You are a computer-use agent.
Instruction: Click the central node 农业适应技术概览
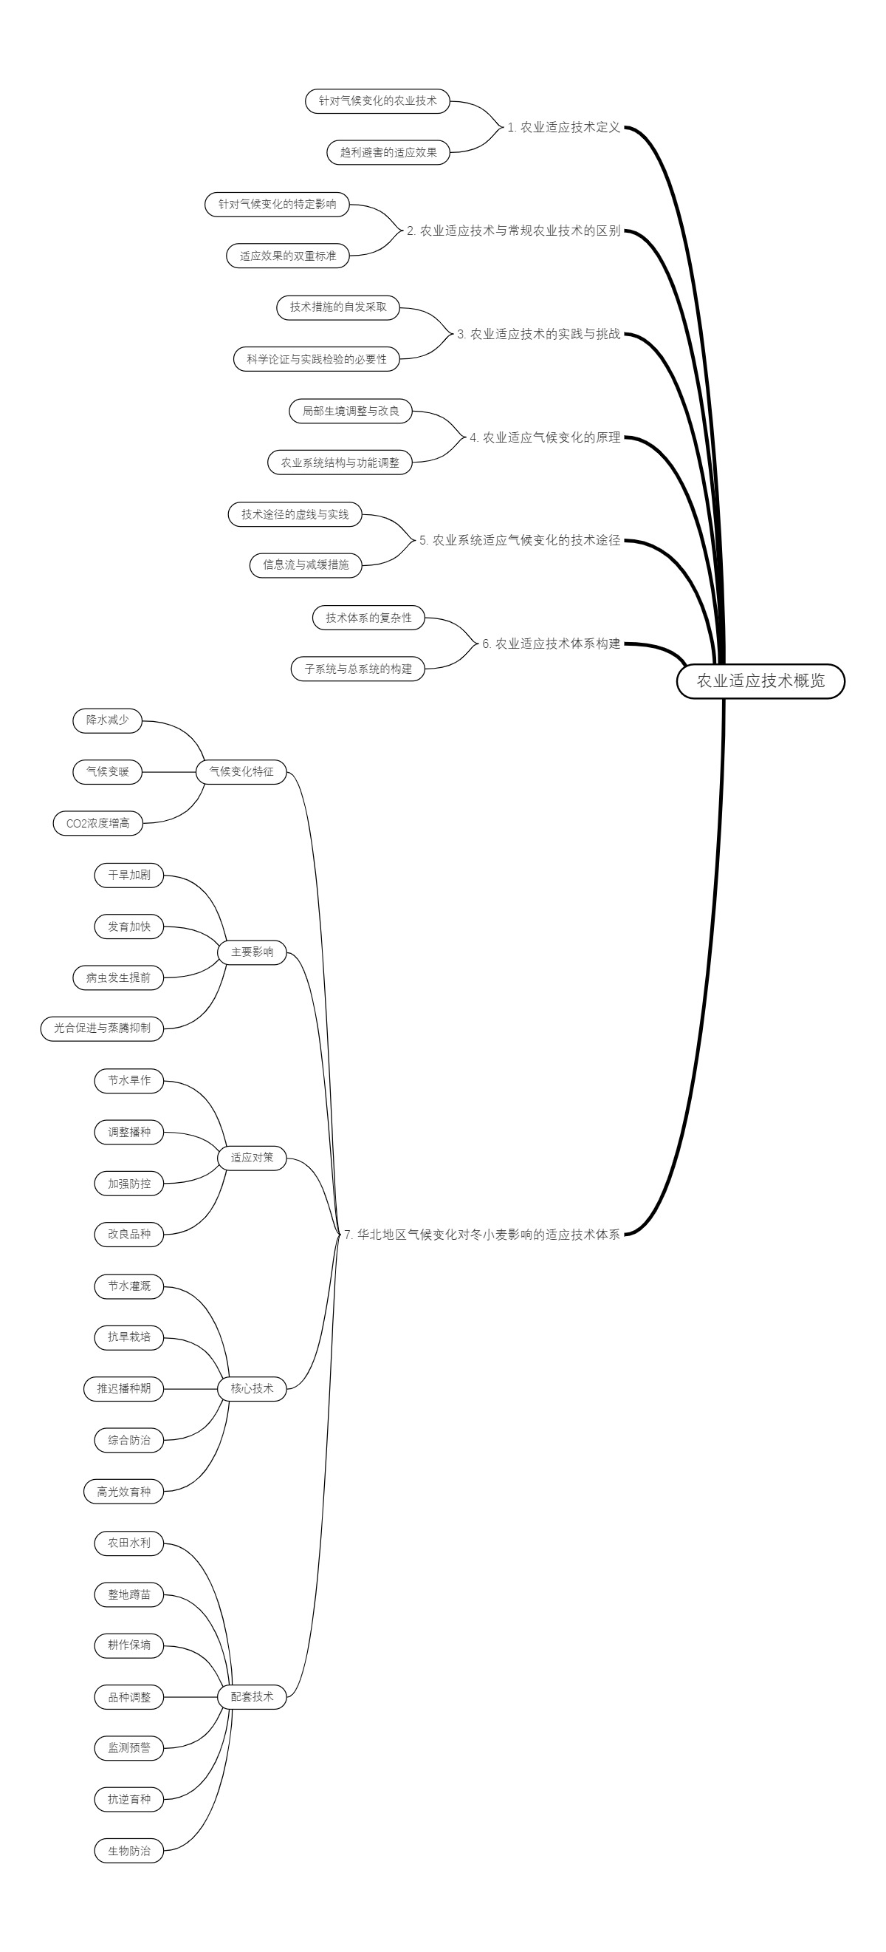[760, 680]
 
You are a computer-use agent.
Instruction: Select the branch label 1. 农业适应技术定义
[563, 127]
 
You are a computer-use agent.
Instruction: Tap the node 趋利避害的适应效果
[388, 152]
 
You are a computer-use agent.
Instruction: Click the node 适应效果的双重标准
[288, 256]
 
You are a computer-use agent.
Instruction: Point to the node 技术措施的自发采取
[337, 307]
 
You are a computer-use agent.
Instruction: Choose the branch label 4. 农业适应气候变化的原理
[544, 437]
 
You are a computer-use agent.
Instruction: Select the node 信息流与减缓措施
[306, 564]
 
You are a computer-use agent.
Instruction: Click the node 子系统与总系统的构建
[358, 669]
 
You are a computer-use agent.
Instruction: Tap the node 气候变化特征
[241, 771]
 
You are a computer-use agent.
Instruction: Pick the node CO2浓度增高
[97, 823]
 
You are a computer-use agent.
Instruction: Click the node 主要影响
[253, 952]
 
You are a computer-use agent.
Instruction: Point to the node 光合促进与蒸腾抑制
[102, 1028]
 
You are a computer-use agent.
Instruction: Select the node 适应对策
[253, 1158]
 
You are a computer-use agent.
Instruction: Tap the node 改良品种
[128, 1234]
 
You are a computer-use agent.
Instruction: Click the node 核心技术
[253, 1388]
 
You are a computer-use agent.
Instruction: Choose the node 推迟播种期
[123, 1388]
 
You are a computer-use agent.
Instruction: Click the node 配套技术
[253, 1696]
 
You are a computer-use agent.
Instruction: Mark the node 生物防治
[128, 1851]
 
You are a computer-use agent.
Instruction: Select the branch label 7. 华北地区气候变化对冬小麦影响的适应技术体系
[481, 1235]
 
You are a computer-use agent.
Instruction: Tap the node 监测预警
[128, 1747]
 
